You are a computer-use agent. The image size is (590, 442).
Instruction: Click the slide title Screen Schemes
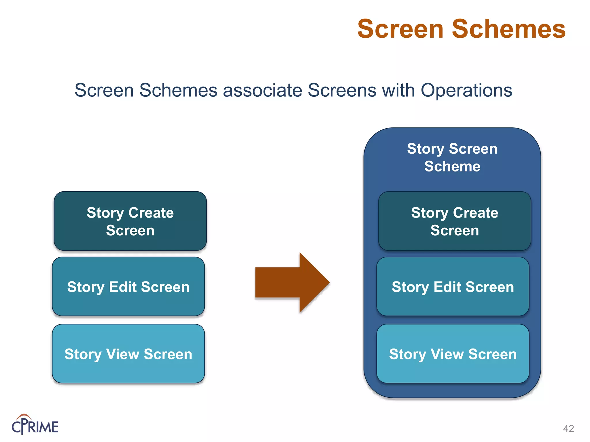[x=461, y=29]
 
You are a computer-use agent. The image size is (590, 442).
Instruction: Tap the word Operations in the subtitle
[x=466, y=90]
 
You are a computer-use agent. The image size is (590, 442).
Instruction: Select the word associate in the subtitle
[x=262, y=90]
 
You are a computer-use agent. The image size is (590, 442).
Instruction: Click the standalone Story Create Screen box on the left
[x=130, y=221]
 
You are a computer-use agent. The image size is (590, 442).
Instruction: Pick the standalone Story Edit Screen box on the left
[x=128, y=287]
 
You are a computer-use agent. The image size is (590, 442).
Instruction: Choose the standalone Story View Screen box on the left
[x=128, y=354]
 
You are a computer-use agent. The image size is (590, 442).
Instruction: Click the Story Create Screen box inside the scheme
[x=455, y=221]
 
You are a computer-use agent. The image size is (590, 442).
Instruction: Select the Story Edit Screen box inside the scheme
[x=453, y=287]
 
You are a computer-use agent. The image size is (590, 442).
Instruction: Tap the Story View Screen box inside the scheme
[x=453, y=354]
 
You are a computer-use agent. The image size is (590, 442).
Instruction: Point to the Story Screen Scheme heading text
[x=452, y=157]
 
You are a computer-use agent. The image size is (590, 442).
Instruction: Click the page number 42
[x=568, y=428]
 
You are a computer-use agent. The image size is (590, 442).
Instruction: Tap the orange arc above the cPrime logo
[x=24, y=416]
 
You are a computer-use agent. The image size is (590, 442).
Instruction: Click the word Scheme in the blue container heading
[x=452, y=167]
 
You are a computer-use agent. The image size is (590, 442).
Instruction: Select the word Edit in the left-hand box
[x=123, y=287]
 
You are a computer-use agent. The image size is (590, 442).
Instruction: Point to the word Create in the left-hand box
[x=151, y=213]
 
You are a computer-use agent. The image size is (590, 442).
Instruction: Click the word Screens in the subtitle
[x=342, y=90]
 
